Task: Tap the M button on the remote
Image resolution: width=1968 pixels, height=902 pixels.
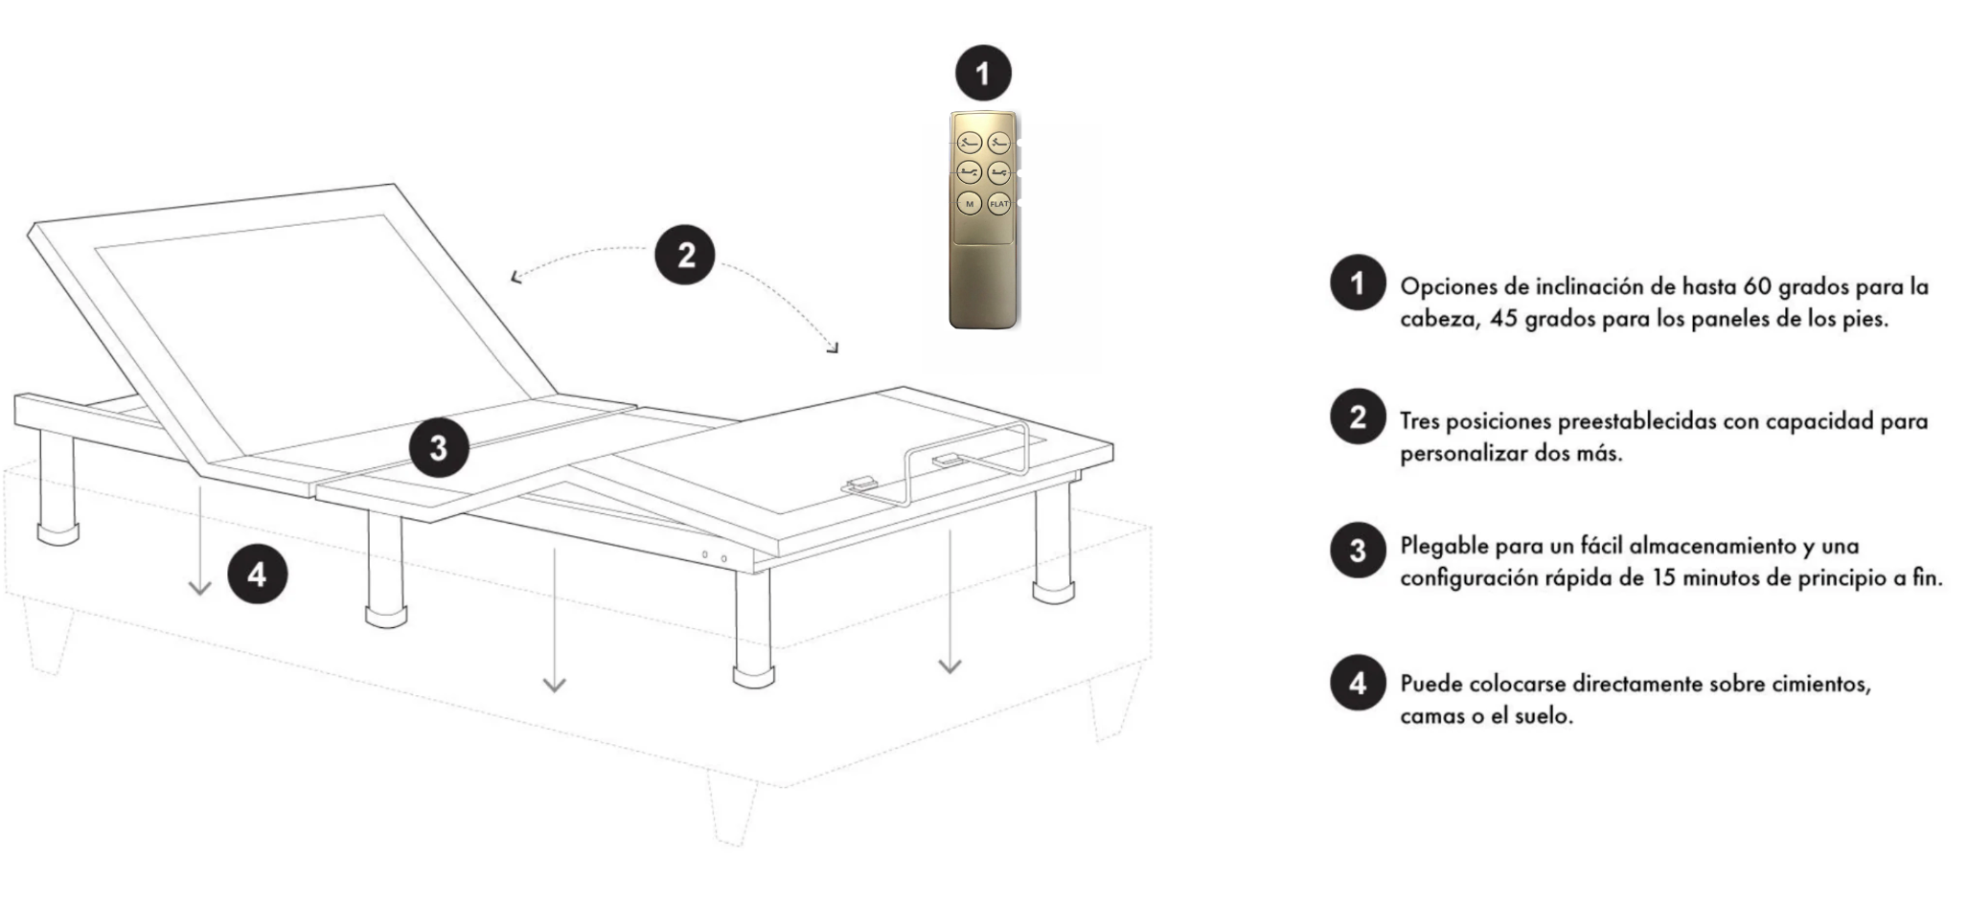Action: (x=969, y=204)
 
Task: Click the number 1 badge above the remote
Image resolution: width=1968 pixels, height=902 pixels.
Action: (x=982, y=73)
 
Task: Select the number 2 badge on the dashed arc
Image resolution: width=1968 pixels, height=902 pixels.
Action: (x=685, y=256)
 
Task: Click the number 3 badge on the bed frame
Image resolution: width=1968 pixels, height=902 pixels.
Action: (x=439, y=448)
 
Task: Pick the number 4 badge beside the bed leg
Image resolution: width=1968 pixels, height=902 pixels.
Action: (x=257, y=575)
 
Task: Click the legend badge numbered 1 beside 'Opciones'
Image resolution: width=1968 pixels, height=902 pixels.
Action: (x=1358, y=282)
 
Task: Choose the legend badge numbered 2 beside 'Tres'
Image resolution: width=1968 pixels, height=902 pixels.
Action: (x=1358, y=417)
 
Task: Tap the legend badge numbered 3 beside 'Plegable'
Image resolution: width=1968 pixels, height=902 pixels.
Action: (x=1358, y=551)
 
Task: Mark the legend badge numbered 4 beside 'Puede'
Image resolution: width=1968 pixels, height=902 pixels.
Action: (x=1358, y=684)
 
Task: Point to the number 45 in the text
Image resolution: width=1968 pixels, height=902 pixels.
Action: (x=1504, y=319)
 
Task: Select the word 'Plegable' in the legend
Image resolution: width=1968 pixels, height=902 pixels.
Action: (x=1443, y=547)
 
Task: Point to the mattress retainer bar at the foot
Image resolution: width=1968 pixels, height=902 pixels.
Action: (x=968, y=460)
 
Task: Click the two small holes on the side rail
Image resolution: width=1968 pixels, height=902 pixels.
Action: (x=714, y=556)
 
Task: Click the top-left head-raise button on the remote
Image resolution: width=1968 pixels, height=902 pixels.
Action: (x=969, y=144)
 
